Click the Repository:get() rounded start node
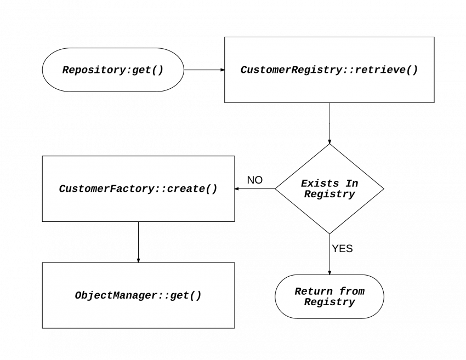click(x=113, y=70)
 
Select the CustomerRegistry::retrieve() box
click(x=329, y=70)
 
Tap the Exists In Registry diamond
click(x=329, y=188)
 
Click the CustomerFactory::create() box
click(x=138, y=188)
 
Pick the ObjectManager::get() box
click(x=138, y=295)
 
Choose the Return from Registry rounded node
click(x=329, y=296)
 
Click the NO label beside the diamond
click(x=254, y=180)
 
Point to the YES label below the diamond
click(x=342, y=249)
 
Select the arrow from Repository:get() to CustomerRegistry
click(x=204, y=70)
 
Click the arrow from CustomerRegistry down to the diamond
click(x=329, y=123)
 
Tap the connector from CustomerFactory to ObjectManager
click(x=138, y=242)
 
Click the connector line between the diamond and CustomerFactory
click(x=255, y=189)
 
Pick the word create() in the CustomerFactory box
click(x=192, y=188)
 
